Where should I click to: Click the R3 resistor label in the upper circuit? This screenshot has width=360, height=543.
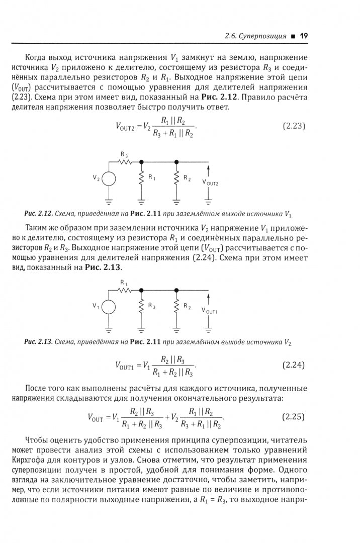pyautogui.click(x=123, y=153)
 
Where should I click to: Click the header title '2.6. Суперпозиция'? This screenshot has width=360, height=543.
pyautogui.click(x=255, y=36)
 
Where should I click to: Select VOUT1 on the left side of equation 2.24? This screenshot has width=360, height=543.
pyautogui.click(x=125, y=366)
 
